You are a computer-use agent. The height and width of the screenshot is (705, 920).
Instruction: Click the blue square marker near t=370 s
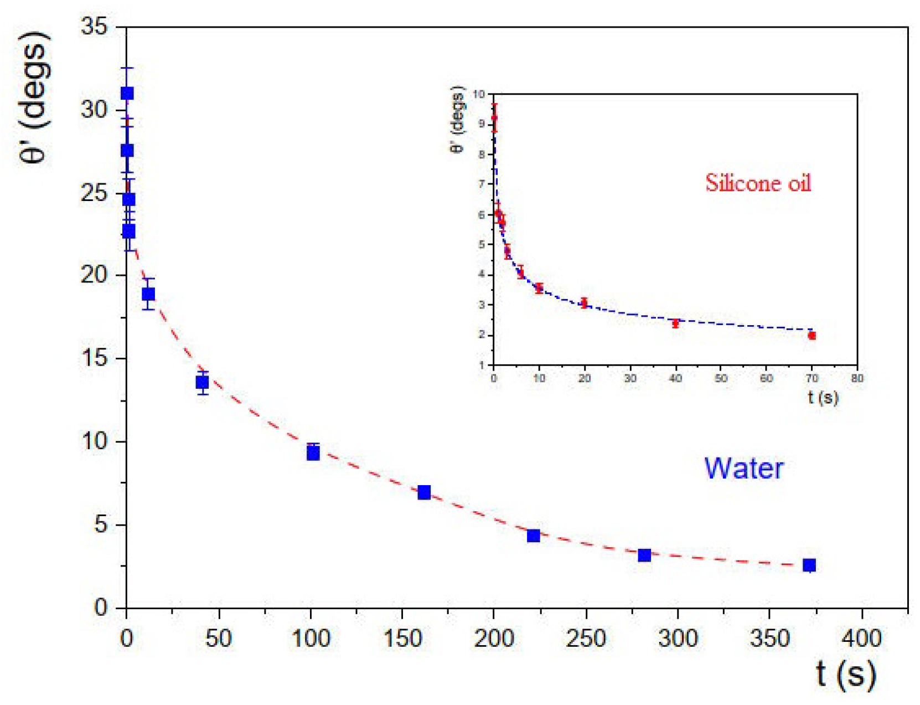tap(809, 565)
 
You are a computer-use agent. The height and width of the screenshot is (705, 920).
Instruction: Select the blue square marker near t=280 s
tap(644, 555)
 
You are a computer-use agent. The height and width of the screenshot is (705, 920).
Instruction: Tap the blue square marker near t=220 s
tap(533, 536)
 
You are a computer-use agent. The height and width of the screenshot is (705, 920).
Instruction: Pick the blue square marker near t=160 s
tap(424, 492)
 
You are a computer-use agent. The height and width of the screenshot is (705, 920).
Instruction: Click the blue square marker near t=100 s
tap(313, 453)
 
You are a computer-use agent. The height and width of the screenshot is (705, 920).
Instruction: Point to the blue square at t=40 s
tap(202, 382)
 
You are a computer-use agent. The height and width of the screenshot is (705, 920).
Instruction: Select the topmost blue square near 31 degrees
tap(127, 93)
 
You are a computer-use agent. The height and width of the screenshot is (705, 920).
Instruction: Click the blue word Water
tap(743, 469)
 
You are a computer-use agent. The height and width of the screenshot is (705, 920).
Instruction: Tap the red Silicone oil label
tap(758, 183)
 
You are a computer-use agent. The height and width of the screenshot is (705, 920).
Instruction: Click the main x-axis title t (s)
tap(845, 674)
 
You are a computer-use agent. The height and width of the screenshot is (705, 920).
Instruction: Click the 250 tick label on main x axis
tap(585, 639)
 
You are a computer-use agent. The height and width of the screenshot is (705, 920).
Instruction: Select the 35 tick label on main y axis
tap(94, 26)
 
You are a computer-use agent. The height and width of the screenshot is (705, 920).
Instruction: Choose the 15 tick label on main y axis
tap(94, 358)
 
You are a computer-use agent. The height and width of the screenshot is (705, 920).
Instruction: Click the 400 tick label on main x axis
tap(861, 639)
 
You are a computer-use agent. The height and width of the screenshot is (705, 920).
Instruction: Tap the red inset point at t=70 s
tap(812, 336)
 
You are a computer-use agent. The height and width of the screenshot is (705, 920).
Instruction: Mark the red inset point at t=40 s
tap(675, 323)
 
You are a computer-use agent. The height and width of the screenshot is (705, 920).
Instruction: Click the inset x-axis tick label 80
tap(857, 378)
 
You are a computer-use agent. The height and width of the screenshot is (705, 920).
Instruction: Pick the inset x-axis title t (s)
tap(823, 397)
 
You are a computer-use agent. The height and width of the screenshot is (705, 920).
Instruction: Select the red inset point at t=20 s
tap(584, 303)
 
